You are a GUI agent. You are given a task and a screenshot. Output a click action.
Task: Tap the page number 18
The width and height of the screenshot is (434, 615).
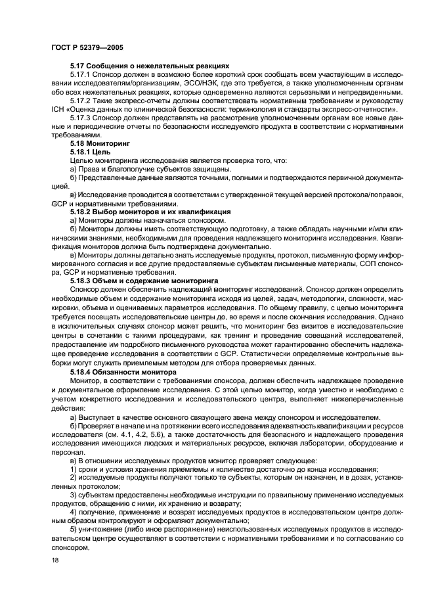(55, 560)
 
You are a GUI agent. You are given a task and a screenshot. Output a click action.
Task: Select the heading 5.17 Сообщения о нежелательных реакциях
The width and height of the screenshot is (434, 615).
(150, 66)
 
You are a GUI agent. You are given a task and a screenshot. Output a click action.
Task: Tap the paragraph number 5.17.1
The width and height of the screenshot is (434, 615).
(81, 75)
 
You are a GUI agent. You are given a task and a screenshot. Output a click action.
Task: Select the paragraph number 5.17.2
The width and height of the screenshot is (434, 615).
(81, 101)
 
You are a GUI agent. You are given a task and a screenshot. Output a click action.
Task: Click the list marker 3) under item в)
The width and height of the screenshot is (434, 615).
(73, 493)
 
